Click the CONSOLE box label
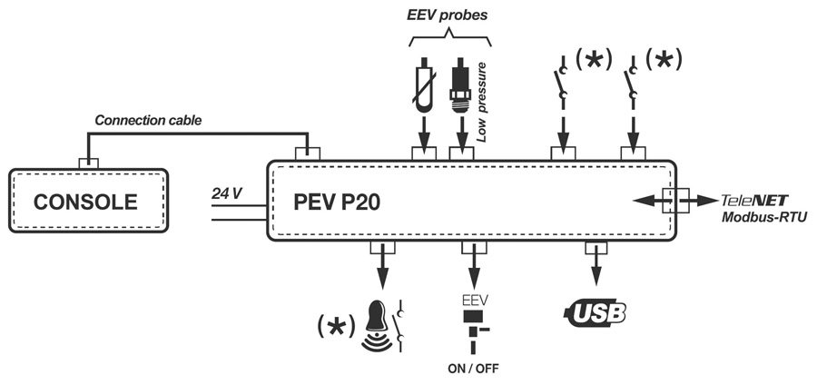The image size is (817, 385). pos(85,202)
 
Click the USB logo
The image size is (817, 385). pos(596,313)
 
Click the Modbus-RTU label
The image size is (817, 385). pos(761,219)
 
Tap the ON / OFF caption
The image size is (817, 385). pos(472,368)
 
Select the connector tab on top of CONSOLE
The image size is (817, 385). pos(88,163)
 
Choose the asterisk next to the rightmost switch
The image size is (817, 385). pos(663,60)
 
